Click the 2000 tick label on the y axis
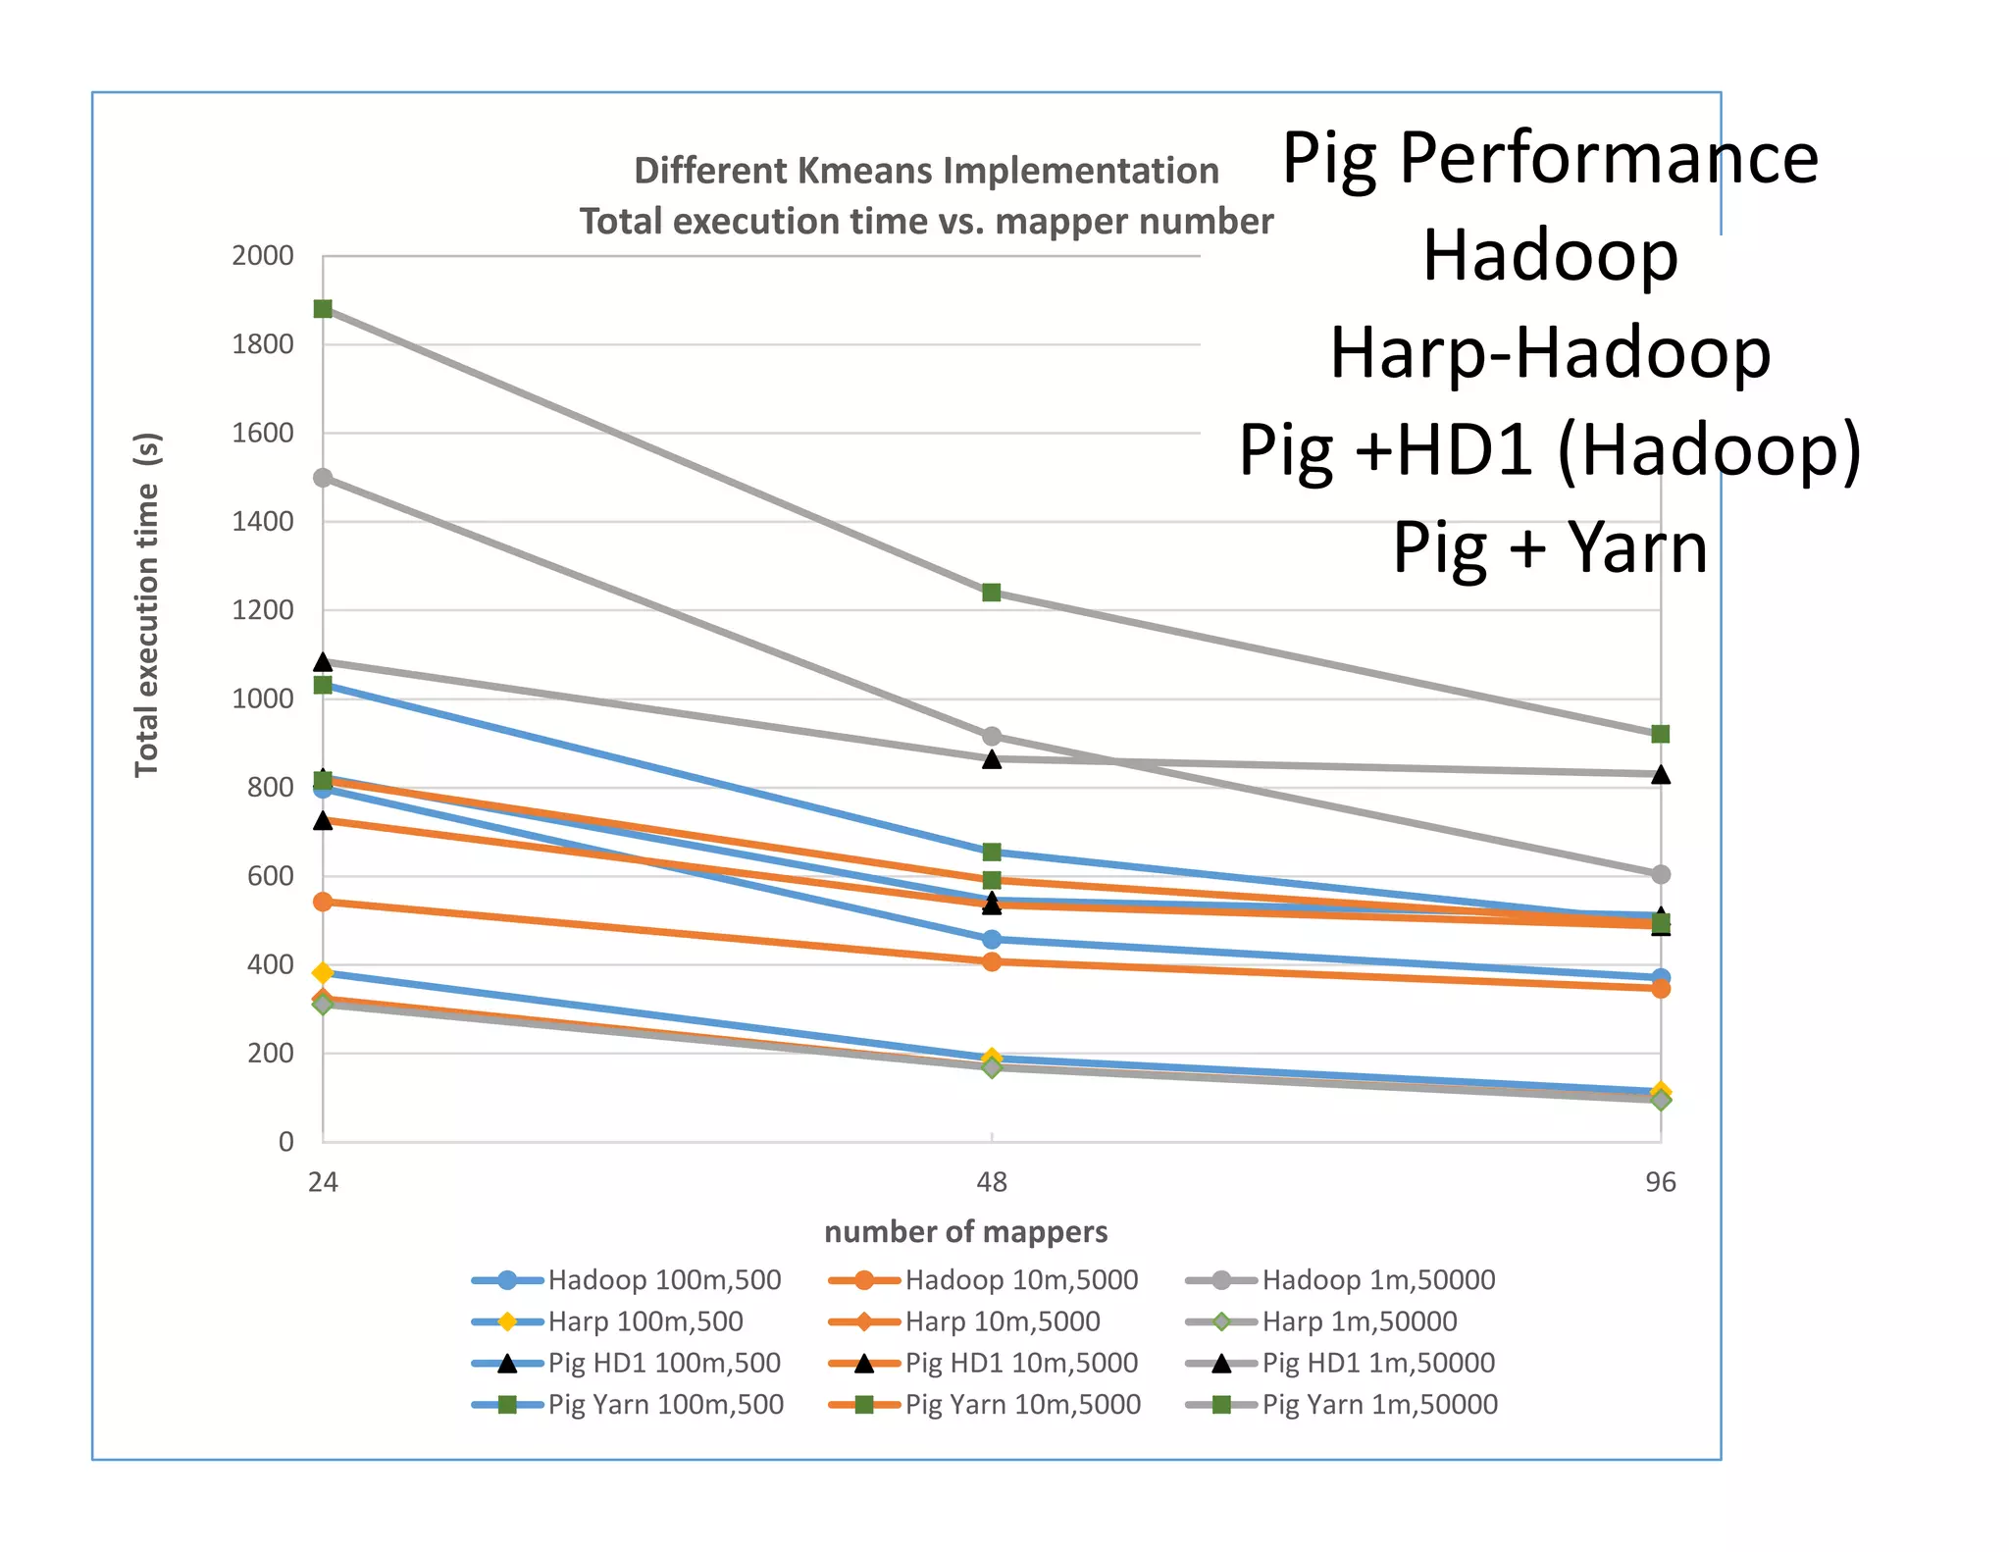(x=262, y=256)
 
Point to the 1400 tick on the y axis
(x=262, y=522)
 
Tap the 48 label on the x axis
(x=992, y=1182)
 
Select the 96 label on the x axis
(x=1660, y=1182)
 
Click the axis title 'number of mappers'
(x=965, y=1232)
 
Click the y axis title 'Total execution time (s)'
(x=147, y=605)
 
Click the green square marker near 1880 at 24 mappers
(x=323, y=309)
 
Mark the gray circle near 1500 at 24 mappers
(x=323, y=478)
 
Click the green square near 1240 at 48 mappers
(x=992, y=593)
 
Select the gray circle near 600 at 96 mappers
(x=1660, y=874)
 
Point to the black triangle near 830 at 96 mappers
(x=1660, y=775)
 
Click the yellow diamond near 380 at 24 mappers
(x=323, y=973)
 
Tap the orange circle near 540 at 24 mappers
(x=323, y=902)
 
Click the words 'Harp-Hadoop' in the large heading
(x=1550, y=352)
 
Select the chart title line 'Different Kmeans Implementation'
(x=926, y=171)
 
